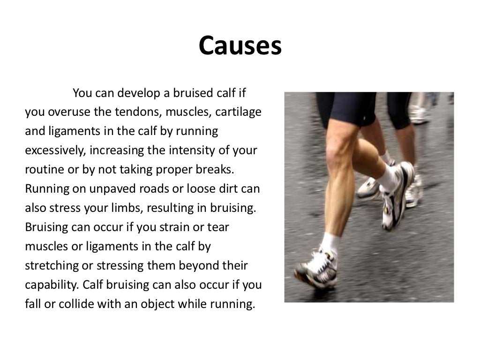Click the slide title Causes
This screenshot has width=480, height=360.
click(240, 46)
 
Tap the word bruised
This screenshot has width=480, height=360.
click(193, 93)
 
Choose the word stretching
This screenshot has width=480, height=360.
click(52, 266)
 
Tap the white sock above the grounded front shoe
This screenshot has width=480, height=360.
click(330, 244)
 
